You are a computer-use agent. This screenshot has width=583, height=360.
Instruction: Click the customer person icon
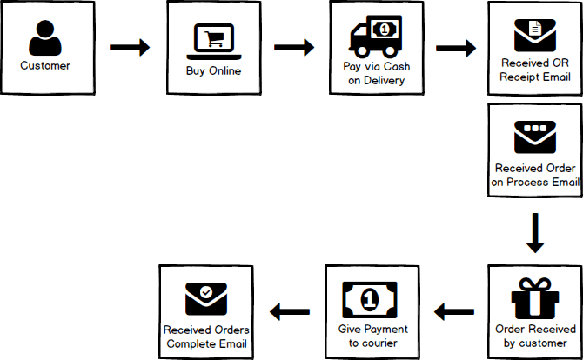pos(46,37)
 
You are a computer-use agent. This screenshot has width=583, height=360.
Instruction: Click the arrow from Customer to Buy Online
pos(130,48)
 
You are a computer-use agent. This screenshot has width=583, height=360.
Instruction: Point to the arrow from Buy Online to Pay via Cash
pos(294,48)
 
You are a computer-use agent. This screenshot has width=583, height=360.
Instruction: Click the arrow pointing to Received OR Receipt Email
pos(455,48)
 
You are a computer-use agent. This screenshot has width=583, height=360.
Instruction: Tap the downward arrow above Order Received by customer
pos(536,233)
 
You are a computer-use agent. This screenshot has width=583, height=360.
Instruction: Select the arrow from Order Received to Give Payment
pos(454,310)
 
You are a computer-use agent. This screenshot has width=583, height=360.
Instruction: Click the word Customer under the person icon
pos(45,66)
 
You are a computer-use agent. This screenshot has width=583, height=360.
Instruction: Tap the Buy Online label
pos(213,70)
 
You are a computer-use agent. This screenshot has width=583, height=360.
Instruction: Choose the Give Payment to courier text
pos(372,337)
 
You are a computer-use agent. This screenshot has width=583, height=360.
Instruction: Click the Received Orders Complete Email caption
pos(206,337)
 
